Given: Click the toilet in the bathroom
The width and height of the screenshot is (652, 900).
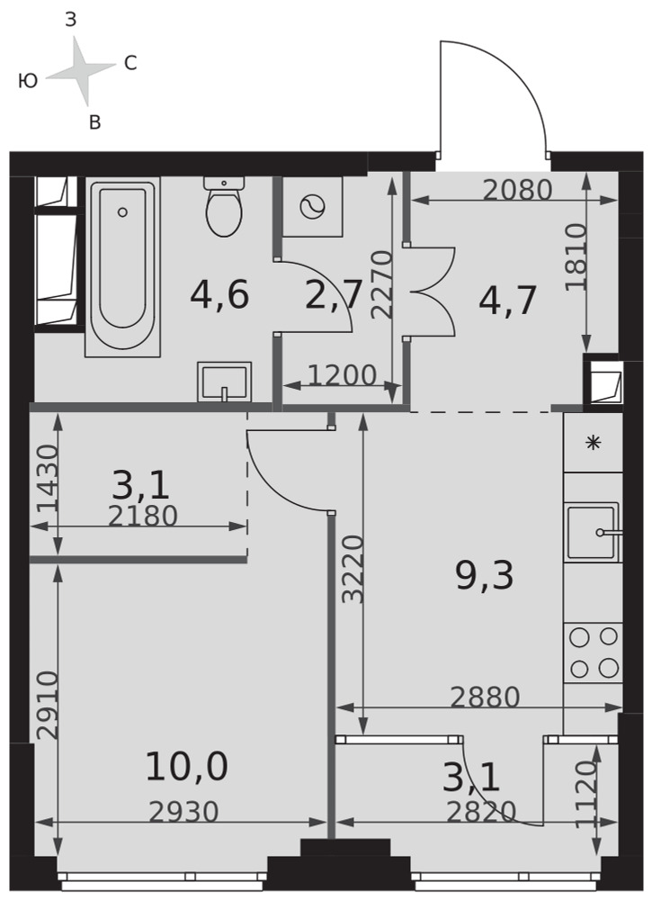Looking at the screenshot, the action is [224, 207].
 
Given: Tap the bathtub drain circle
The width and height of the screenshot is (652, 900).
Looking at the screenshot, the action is [122, 212].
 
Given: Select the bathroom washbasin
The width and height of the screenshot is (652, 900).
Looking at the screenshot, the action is [224, 382].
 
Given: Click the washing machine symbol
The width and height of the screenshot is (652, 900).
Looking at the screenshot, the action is [313, 206].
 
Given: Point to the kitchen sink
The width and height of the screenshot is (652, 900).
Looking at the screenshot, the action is [593, 532].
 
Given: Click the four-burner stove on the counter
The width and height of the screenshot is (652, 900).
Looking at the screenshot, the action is [594, 652].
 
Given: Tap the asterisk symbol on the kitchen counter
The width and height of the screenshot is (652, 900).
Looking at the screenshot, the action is [593, 443].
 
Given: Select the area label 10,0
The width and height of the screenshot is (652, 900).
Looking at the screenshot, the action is [187, 767].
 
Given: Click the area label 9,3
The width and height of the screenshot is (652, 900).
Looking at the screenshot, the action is [485, 576].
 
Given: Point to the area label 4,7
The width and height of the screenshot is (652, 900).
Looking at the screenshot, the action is [507, 300].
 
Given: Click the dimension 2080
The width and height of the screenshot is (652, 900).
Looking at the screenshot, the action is [517, 190].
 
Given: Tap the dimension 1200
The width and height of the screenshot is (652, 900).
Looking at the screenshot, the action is [343, 375].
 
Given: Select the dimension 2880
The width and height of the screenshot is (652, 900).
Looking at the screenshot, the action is [485, 697].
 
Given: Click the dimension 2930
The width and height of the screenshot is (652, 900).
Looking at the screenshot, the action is [184, 812].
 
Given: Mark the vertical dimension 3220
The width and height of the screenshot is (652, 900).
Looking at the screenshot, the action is [353, 569].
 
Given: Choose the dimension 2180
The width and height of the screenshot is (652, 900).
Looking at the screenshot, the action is [143, 516].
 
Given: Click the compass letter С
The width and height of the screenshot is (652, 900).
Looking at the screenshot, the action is [130, 63].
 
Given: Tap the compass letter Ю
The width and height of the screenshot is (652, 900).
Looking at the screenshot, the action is [28, 81].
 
